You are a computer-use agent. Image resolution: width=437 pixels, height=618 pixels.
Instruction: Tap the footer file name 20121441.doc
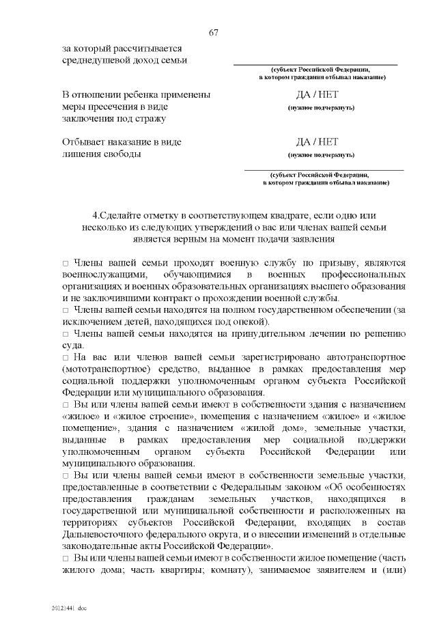68,606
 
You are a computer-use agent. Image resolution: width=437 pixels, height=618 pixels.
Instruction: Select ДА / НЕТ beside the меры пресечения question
317,96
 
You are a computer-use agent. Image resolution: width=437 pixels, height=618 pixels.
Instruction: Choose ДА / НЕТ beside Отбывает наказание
317,143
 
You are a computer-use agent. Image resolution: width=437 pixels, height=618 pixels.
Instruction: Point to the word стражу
152,119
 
